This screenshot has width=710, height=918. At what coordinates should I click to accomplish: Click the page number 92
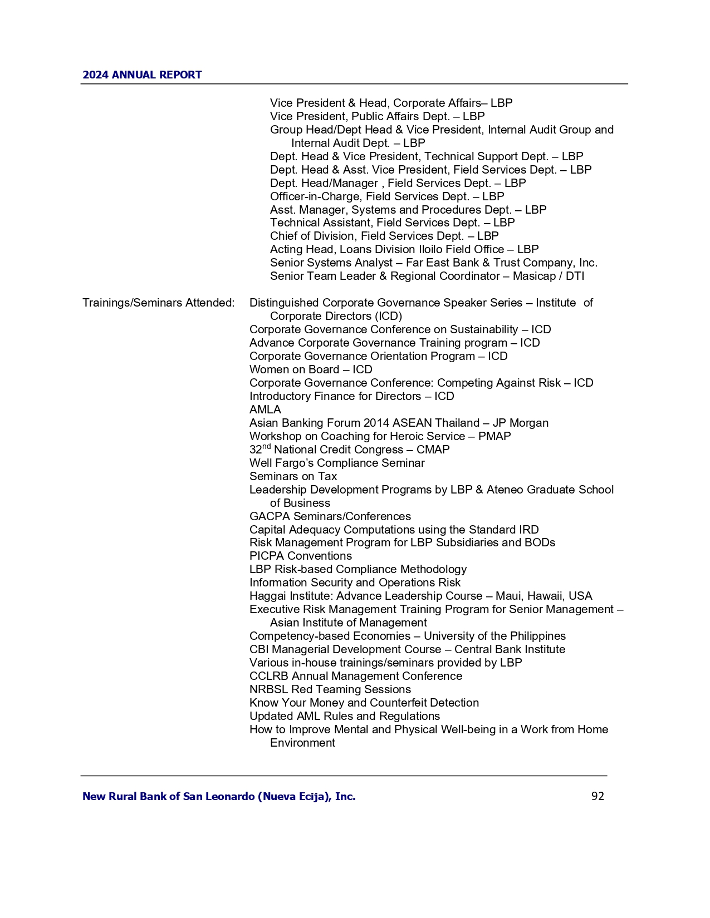[597, 796]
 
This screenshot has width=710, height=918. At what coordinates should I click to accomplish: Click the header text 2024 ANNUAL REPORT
[142, 75]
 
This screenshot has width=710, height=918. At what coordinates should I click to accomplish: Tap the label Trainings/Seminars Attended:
[158, 303]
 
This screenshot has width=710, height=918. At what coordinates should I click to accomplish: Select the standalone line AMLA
[265, 409]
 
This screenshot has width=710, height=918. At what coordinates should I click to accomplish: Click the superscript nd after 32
[266, 447]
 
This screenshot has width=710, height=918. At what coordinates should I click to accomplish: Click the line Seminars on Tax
[293, 476]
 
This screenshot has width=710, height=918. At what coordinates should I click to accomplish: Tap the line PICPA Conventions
[300, 556]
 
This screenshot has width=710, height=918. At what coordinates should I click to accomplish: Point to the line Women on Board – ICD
[310, 369]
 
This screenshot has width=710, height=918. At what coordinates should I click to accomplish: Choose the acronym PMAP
[494, 436]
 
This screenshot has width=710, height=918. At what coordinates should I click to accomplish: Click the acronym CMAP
[433, 450]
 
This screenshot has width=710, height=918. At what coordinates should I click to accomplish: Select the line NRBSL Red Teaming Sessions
[330, 689]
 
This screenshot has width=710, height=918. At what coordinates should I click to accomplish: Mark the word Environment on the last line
[302, 743]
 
